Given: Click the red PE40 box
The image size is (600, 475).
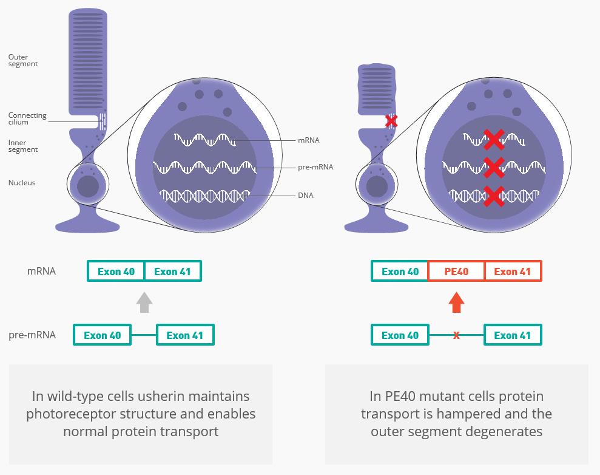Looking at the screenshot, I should (456, 271).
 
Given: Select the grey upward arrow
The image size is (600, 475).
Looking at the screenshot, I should (144, 302).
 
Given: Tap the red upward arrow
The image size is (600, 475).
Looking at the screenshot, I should (456, 302).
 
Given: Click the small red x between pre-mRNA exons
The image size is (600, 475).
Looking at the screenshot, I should (456, 335).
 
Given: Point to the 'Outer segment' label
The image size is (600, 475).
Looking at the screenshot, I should (23, 60).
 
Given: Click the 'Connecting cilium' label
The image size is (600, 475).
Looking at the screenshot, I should (27, 118).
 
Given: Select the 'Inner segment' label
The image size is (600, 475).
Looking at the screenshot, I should (23, 146).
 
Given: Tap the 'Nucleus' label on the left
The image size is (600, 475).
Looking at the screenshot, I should (22, 183).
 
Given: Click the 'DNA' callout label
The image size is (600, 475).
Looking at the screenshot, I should (305, 196).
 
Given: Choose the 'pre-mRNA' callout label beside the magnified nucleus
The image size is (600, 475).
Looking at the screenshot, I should (315, 167).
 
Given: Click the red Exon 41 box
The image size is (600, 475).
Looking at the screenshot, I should (513, 271).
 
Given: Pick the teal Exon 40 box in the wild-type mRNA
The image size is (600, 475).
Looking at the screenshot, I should (116, 271).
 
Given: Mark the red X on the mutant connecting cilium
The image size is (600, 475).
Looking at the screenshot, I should (391, 121).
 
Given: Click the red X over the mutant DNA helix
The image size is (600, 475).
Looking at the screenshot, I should (494, 196).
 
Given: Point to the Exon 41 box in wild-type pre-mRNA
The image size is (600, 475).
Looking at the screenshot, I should (185, 335).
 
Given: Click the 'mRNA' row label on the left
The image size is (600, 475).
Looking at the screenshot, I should (41, 271).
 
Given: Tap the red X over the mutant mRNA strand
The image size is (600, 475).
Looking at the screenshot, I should (494, 140).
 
